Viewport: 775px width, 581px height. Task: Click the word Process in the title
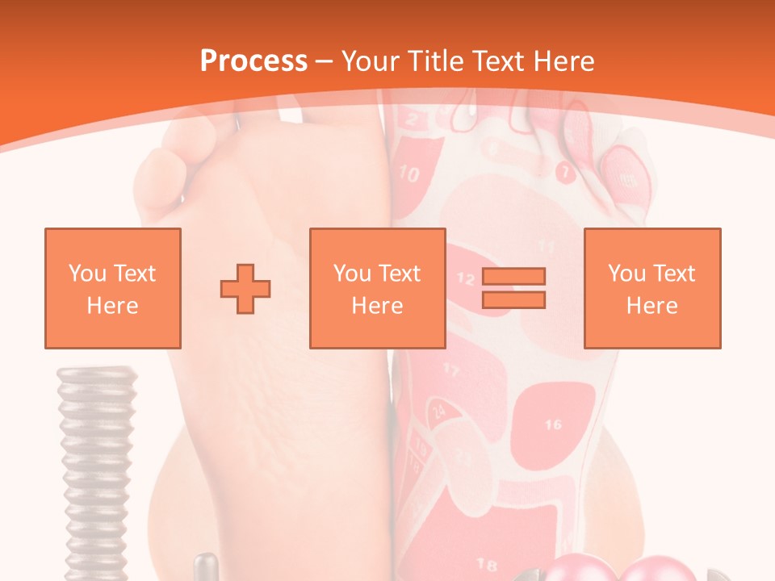click(x=253, y=61)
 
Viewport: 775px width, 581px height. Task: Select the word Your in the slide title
click(x=371, y=61)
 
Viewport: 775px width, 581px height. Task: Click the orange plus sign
click(x=245, y=288)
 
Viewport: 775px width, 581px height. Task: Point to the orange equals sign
click(x=513, y=288)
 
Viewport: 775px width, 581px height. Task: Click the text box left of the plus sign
click(x=112, y=288)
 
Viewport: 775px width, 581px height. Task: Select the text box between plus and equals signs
click(x=377, y=288)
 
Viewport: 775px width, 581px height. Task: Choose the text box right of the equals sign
click(x=651, y=288)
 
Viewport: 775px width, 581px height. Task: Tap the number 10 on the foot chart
click(x=409, y=173)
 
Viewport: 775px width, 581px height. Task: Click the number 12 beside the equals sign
click(x=466, y=279)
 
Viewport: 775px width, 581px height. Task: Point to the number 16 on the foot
click(x=553, y=424)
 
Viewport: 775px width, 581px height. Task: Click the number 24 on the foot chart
click(x=438, y=411)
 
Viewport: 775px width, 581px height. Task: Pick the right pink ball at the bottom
click(x=658, y=569)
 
